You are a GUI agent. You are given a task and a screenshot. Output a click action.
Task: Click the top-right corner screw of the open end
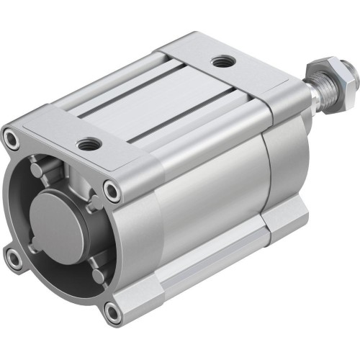coord(111,190)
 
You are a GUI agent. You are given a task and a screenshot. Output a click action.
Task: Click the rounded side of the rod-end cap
coord(284,173)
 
